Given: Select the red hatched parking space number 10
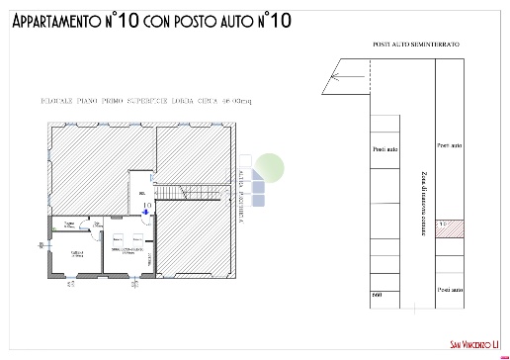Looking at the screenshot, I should pyautogui.click(x=450, y=226).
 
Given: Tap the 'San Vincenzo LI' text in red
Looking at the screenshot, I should pyautogui.click(x=469, y=345).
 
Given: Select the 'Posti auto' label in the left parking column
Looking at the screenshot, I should pyautogui.click(x=385, y=149).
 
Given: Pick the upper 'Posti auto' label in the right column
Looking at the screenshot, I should pyautogui.click(x=450, y=144).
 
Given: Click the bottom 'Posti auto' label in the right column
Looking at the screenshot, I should pyautogui.click(x=450, y=289).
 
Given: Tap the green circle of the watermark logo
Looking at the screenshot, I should pyautogui.click(x=272, y=163).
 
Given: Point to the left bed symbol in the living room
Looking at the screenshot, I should pyautogui.click(x=117, y=239).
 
